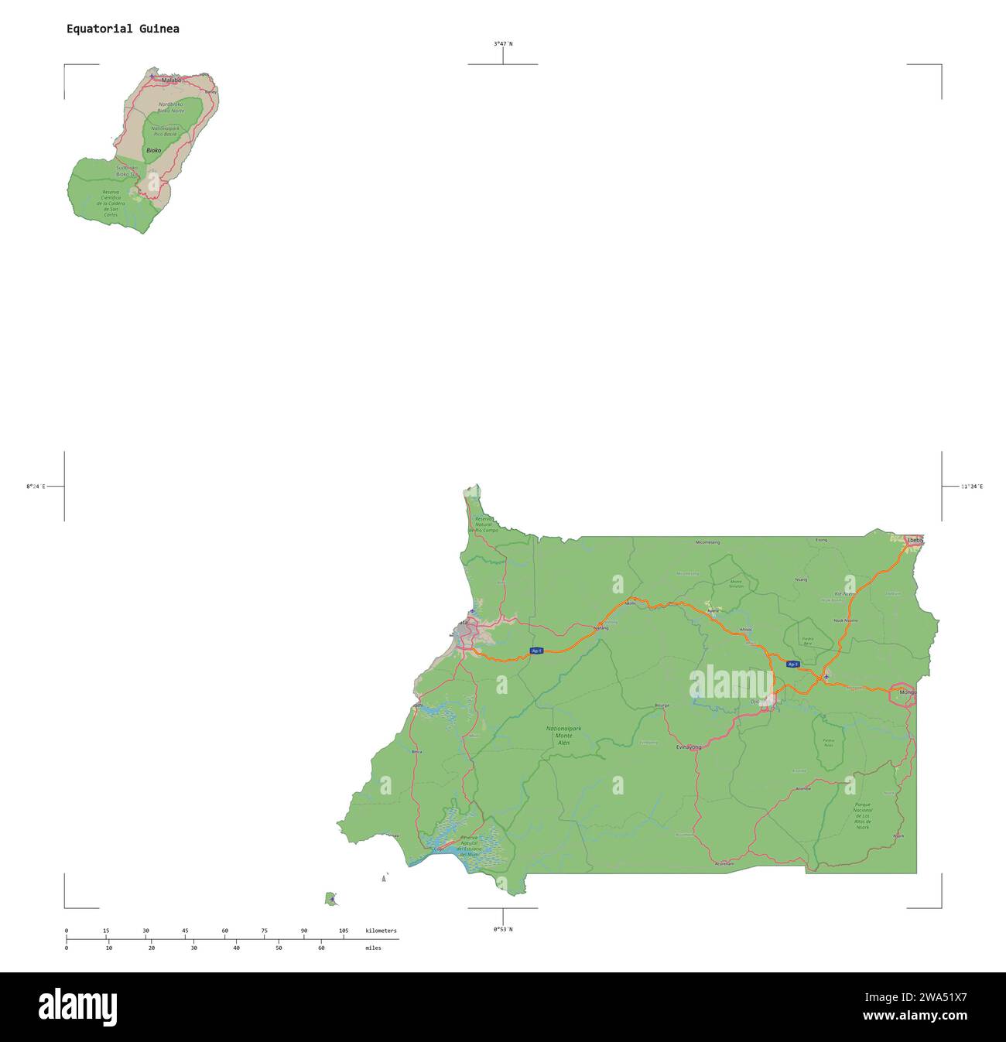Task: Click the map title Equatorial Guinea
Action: point(122,29)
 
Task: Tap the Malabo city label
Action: point(171,80)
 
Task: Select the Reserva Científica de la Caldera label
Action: point(111,203)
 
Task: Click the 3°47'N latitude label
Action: point(503,44)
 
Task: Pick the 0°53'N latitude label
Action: point(503,929)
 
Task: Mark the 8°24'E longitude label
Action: point(36,487)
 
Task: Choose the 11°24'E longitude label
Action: point(971,487)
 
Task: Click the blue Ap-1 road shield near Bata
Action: point(536,651)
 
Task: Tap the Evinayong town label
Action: point(688,747)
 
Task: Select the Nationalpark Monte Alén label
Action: point(563,735)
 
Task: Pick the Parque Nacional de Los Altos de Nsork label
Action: point(863,815)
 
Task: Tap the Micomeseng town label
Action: point(707,542)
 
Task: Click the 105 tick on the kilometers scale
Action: point(344,931)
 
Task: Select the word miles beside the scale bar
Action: point(373,948)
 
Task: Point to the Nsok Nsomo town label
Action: point(845,620)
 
